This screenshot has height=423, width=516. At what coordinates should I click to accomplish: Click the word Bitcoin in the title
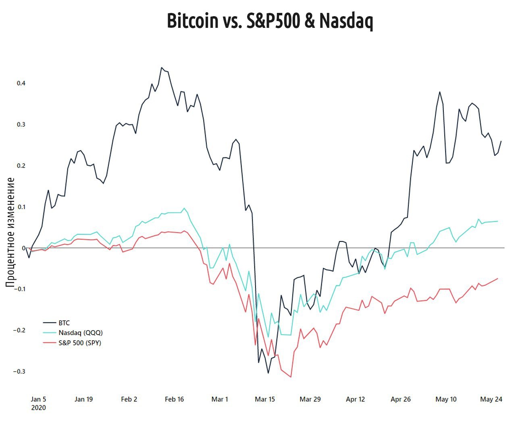click(x=192, y=21)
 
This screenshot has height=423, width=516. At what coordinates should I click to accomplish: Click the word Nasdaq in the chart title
click(x=346, y=21)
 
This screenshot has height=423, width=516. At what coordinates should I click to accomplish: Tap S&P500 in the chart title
click(x=273, y=21)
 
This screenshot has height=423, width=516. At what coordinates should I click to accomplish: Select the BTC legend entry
click(x=64, y=323)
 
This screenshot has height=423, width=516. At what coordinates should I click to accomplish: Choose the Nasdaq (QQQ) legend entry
click(x=80, y=333)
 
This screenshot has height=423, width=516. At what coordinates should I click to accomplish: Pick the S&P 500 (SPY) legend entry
click(x=79, y=343)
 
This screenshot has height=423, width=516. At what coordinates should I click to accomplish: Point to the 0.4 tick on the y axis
click(x=21, y=83)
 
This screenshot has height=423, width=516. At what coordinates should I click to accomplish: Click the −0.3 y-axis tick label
click(x=19, y=371)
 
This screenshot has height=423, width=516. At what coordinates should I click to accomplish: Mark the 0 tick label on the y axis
click(x=23, y=248)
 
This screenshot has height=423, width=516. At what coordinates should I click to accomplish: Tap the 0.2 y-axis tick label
click(x=21, y=165)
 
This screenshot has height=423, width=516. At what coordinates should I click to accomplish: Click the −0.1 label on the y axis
click(x=19, y=289)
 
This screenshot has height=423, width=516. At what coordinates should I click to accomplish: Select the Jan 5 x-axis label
click(x=38, y=399)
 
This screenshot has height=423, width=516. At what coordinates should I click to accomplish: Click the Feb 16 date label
click(x=174, y=399)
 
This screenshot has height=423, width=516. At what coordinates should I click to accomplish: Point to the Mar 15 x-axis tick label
click(x=265, y=399)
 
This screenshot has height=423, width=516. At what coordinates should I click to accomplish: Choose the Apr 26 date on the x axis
click(x=401, y=399)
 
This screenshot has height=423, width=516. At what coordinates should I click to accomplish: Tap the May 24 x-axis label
click(x=491, y=399)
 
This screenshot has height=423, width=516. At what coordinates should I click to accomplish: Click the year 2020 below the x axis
click(x=38, y=408)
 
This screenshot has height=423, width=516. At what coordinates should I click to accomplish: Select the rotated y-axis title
click(x=10, y=232)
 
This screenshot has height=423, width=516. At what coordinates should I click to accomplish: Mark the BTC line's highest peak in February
click(x=161, y=67)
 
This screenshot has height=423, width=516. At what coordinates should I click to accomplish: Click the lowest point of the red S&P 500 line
click(x=291, y=377)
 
